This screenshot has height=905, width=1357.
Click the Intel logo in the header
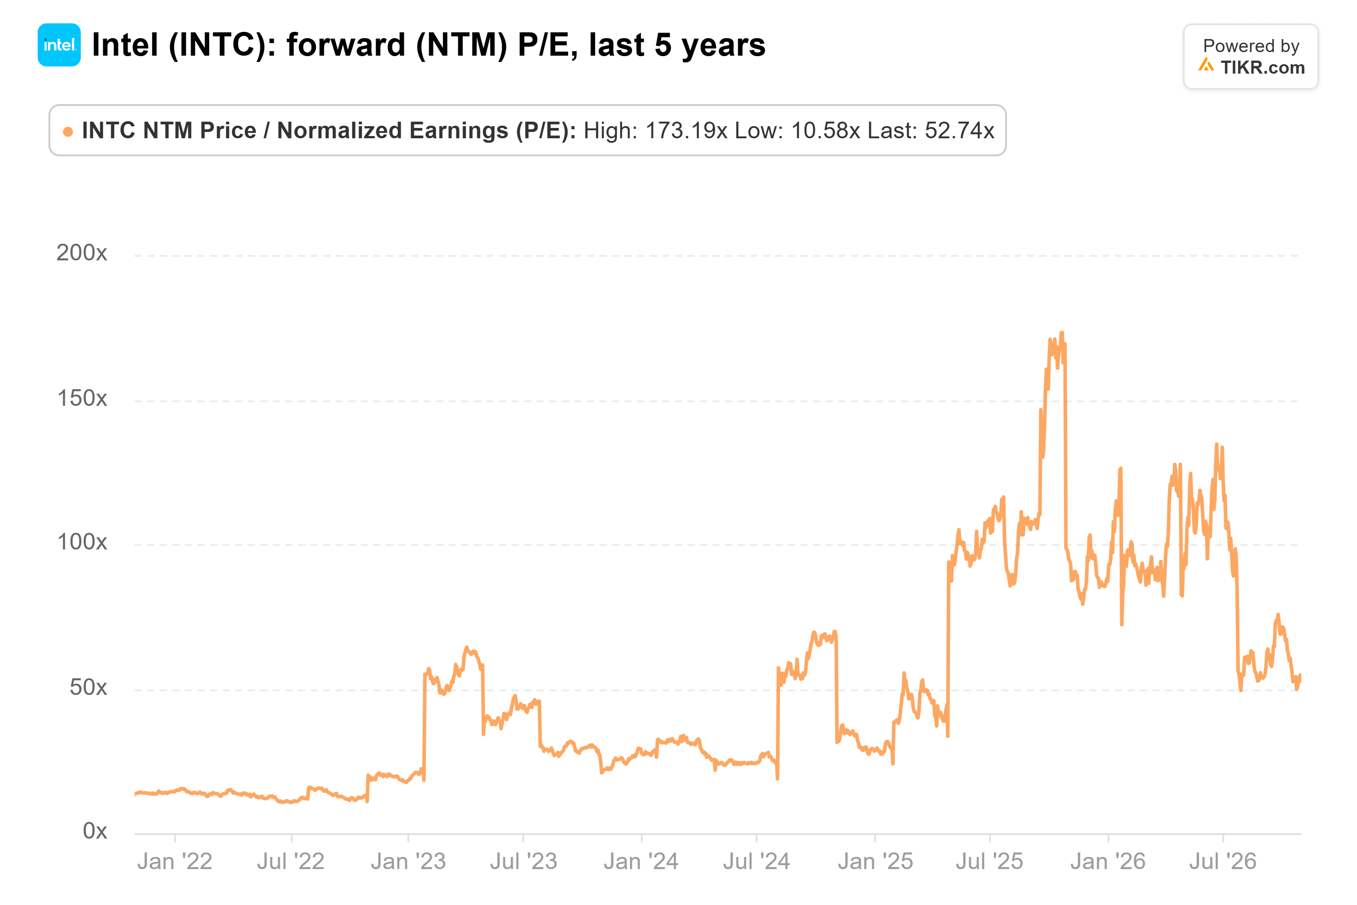tap(59, 45)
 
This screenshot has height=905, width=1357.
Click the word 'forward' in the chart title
tap(346, 45)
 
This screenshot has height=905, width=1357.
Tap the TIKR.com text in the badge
tap(1262, 67)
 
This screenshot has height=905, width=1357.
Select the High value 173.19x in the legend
tap(686, 131)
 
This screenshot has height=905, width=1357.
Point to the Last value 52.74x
tap(959, 131)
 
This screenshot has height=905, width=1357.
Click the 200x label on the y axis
tap(81, 253)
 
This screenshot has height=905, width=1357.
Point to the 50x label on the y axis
tap(88, 687)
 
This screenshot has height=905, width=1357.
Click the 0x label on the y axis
tap(95, 830)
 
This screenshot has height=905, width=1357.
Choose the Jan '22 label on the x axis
tap(175, 862)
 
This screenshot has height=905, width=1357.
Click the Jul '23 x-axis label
tap(523, 862)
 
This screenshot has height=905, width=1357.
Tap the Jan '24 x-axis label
tap(641, 862)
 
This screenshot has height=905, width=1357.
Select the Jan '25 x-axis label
tap(875, 862)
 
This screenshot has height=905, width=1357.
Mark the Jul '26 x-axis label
tap(1222, 862)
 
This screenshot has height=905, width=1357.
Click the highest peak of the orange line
tap(1062, 333)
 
